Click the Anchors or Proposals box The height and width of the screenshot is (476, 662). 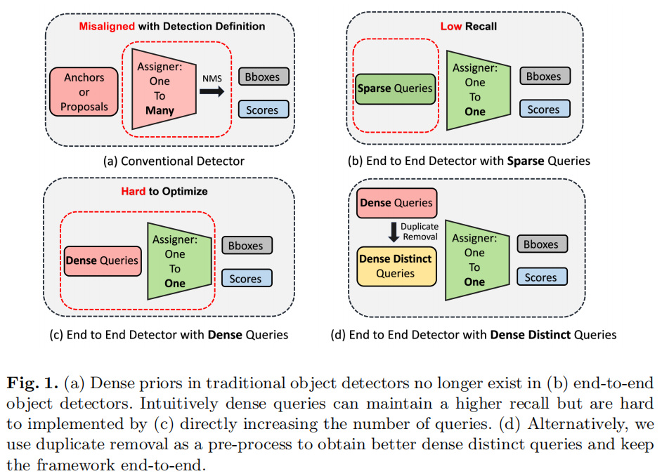coord(84,92)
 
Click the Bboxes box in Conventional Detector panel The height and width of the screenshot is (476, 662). coord(262,77)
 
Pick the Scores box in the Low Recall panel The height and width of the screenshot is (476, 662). coord(544,109)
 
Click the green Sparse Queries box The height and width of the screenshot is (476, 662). coord(395,88)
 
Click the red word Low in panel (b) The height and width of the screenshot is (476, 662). coord(450,27)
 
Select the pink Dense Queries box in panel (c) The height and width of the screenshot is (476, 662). coord(102,260)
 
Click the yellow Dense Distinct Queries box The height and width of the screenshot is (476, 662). coord(395,266)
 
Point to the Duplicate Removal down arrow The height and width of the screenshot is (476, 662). coord(393,232)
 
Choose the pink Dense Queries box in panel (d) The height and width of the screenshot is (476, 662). coord(396,203)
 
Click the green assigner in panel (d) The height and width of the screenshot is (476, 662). coord(474,260)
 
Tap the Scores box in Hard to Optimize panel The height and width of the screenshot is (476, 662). coord(246,279)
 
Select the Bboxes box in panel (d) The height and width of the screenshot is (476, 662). coord(541,244)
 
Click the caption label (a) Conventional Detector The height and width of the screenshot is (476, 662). coord(174,161)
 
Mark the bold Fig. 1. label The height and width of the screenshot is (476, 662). coord(33,384)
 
